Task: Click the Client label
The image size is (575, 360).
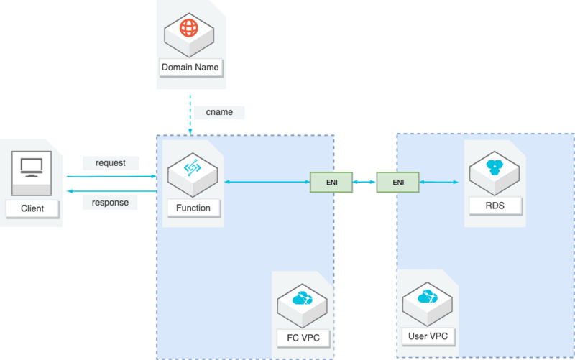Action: pyautogui.click(x=28, y=208)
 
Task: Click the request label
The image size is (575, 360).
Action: pyautogui.click(x=110, y=162)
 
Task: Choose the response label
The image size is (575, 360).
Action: pyautogui.click(x=110, y=203)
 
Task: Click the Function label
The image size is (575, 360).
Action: pyautogui.click(x=193, y=208)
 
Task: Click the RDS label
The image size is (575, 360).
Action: pyautogui.click(x=495, y=208)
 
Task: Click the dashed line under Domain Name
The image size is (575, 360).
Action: pyautogui.click(x=190, y=113)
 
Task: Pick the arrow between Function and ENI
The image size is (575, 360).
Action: pyautogui.click(x=266, y=183)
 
